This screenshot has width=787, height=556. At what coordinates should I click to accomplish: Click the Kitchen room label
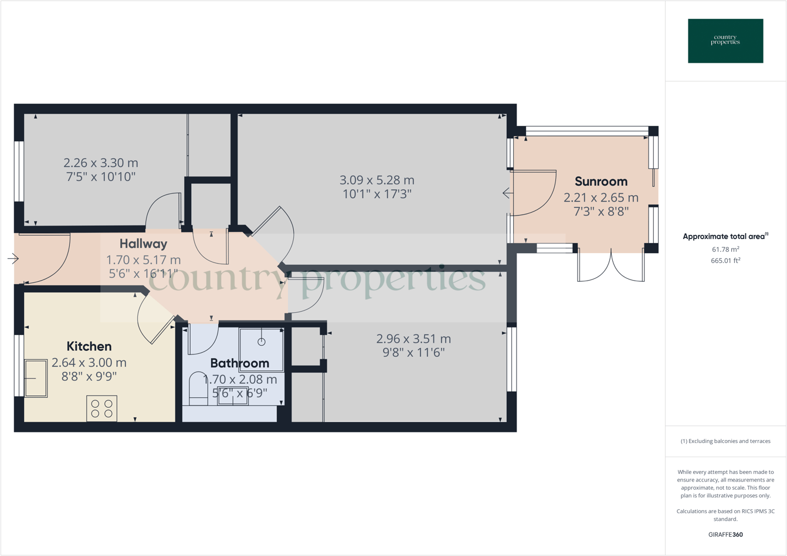(89, 346)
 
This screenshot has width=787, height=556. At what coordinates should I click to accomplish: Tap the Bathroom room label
(239, 363)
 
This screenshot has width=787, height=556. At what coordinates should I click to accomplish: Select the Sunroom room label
(601, 182)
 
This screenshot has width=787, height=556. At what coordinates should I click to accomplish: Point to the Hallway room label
(143, 244)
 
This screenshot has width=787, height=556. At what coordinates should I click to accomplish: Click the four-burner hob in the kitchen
(101, 408)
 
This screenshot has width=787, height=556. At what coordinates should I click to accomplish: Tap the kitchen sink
(36, 378)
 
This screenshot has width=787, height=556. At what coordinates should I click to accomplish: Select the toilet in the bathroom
(198, 389)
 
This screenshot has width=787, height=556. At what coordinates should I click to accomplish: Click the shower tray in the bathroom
(261, 349)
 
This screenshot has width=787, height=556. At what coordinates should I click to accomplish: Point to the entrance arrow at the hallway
(13, 258)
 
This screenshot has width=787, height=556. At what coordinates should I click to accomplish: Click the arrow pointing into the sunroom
(507, 193)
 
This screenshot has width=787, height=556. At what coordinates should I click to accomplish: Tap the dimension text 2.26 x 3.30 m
(101, 163)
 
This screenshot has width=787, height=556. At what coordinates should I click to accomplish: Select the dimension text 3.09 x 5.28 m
(377, 180)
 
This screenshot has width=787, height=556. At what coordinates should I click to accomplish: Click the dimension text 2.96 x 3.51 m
(413, 339)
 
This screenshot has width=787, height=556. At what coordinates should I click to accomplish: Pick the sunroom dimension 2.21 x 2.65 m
(601, 197)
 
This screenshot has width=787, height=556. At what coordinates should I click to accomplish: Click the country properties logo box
(725, 41)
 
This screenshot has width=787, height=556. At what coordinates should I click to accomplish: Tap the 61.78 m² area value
(725, 250)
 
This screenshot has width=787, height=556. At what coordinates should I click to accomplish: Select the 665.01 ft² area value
(725, 261)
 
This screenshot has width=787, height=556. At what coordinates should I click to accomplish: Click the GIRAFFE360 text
(725, 534)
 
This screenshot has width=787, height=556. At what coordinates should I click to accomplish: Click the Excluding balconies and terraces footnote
(725, 441)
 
